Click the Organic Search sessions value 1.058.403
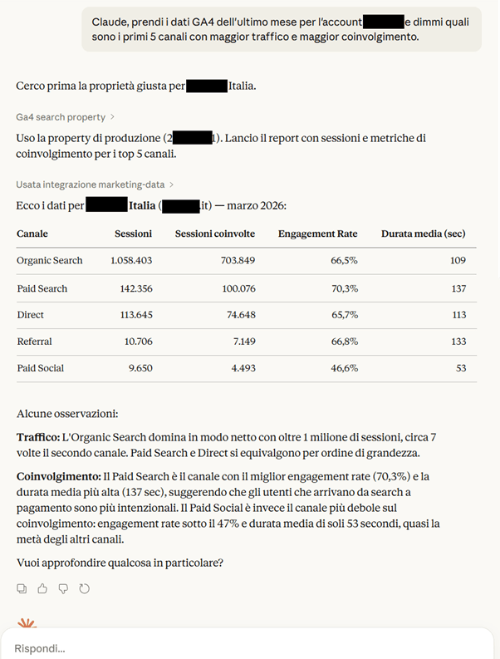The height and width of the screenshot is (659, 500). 131,260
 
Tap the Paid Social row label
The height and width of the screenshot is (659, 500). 40,368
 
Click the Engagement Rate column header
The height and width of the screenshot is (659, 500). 318,234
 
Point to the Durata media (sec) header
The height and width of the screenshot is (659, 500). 424,234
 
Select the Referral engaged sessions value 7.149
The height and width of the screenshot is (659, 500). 238,342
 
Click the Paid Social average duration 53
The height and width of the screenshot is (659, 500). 460,368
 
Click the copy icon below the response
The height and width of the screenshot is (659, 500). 22,588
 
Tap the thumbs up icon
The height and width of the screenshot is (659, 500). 42,588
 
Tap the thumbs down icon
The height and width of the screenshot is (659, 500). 63,588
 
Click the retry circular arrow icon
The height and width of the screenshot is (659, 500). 84,588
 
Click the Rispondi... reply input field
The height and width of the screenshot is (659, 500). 249,647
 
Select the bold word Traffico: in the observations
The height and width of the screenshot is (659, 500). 37,437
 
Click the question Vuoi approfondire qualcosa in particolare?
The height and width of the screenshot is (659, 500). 120,563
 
